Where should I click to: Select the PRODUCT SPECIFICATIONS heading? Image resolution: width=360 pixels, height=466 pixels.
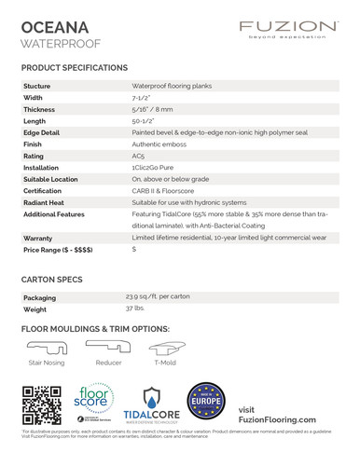pyautogui.click(x=75, y=69)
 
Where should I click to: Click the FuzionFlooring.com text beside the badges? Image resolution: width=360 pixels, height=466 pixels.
pyautogui.click(x=277, y=419)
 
